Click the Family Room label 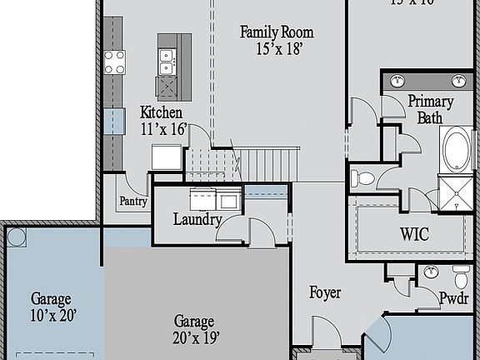[277, 32]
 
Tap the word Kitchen [161, 112]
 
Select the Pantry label [132, 201]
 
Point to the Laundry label [197, 220]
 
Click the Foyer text [326, 293]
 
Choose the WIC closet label [413, 234]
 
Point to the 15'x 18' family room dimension [277, 48]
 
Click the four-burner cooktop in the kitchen [114, 62]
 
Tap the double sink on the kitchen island [167, 59]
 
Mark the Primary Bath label [430, 109]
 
